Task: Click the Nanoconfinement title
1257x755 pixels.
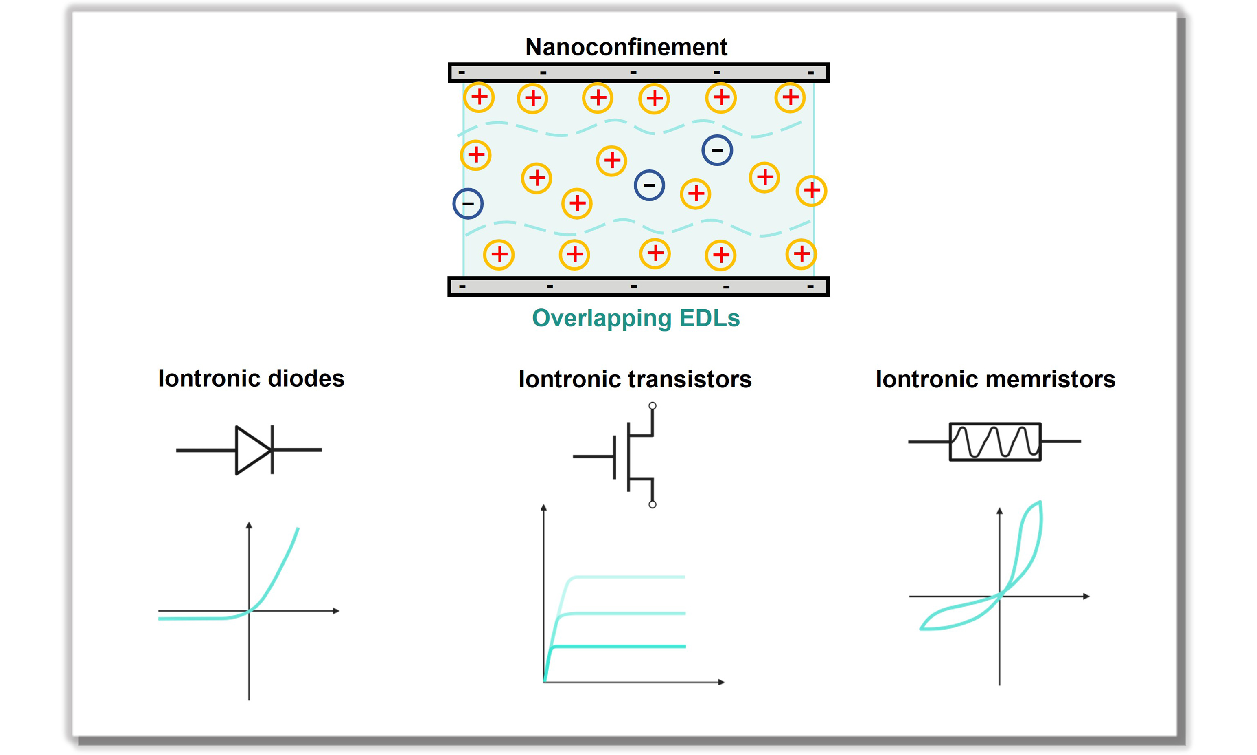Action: [626, 47]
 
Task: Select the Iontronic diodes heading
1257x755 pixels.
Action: [251, 379]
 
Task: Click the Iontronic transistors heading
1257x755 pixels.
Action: [635, 379]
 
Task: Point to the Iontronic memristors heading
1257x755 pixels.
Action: [995, 379]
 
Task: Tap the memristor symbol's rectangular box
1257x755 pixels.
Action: [950, 442]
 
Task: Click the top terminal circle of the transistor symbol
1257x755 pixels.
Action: [653, 406]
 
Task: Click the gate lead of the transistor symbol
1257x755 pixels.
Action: [593, 456]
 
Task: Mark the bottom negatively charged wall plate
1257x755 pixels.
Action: [638, 286]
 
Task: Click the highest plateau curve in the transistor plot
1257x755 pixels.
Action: [628, 577]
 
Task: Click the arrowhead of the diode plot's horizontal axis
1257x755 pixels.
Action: [336, 610]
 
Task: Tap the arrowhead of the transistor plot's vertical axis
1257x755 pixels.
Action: [544, 507]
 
